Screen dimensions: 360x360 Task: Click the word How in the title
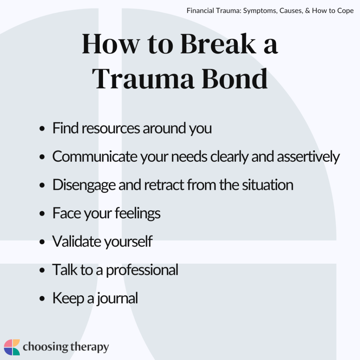pyautogui.click(x=107, y=45)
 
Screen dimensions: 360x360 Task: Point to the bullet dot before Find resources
pyautogui.click(x=43, y=129)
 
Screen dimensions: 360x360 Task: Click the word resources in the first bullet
pyautogui.click(x=108, y=129)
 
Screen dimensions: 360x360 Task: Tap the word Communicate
pyautogui.click(x=91, y=157)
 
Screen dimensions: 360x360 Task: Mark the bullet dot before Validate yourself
pyautogui.click(x=43, y=242)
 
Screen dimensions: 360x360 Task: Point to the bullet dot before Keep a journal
pyautogui.click(x=43, y=298)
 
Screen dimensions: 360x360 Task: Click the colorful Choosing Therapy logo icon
pyautogui.click(x=12, y=347)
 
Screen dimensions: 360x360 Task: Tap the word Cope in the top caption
pyautogui.click(x=345, y=11)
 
